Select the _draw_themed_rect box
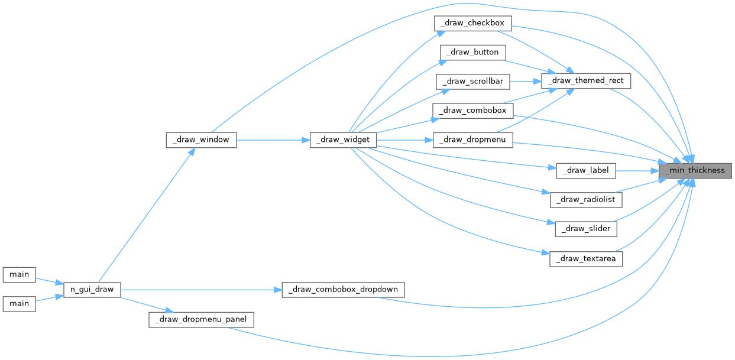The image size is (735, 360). click(x=587, y=80)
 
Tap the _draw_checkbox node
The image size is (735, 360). click(x=472, y=23)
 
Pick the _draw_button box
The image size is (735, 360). click(x=472, y=52)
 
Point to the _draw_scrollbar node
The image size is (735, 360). click(x=472, y=81)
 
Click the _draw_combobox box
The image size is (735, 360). click(x=472, y=110)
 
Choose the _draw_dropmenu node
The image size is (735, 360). click(x=472, y=140)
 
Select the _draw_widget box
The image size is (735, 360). click(x=343, y=140)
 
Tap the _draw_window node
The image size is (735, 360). click(x=201, y=140)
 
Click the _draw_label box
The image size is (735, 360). click(x=586, y=170)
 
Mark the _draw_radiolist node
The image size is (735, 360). click(x=586, y=199)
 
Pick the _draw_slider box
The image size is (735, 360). click(x=586, y=228)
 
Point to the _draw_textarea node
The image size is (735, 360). click(x=586, y=258)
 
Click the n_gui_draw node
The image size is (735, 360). click(x=92, y=290)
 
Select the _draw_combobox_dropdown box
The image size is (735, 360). click(x=343, y=290)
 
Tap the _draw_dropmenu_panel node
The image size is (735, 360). click(x=201, y=320)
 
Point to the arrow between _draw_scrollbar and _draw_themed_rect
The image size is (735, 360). click(x=525, y=81)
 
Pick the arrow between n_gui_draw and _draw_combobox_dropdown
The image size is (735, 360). click(x=201, y=290)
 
